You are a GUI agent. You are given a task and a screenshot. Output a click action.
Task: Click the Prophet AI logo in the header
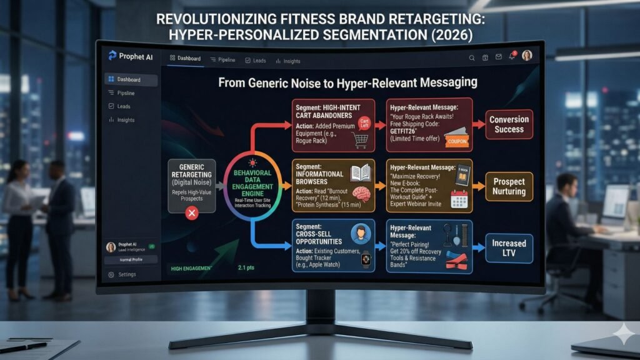pyautogui.click(x=112, y=56)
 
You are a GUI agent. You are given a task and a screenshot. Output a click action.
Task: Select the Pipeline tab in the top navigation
pyautogui.click(x=222, y=60)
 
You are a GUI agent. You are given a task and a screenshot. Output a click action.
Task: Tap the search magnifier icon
pyautogui.click(x=472, y=58)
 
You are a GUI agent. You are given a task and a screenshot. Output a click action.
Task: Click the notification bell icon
pyautogui.click(x=511, y=57)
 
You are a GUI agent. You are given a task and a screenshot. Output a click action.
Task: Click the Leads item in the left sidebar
pyautogui.click(x=123, y=106)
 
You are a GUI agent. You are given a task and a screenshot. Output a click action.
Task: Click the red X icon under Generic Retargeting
pyautogui.click(x=192, y=214)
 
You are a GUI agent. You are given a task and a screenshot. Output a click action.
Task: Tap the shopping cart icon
pyautogui.click(x=359, y=141)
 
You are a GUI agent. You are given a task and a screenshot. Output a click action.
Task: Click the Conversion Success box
pyautogui.click(x=509, y=124)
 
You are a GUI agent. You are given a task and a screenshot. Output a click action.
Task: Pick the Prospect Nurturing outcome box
pyautogui.click(x=509, y=186)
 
